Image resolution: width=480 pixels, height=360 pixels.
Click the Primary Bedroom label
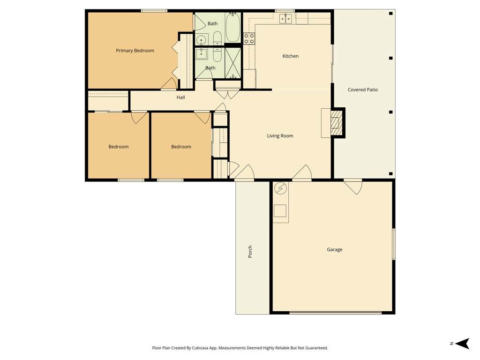(x=135, y=51)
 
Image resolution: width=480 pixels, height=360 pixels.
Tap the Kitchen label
(x=290, y=56)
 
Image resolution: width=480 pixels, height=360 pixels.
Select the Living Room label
(x=280, y=135)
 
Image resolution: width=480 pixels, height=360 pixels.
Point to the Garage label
(x=334, y=249)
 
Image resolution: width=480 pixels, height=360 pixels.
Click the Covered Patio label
(x=362, y=90)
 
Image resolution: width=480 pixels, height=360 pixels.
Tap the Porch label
(x=250, y=251)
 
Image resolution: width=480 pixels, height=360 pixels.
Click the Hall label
(x=180, y=97)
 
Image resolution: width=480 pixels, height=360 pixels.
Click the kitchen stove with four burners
(x=249, y=38)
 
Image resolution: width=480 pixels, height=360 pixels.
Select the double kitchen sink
(x=285, y=18)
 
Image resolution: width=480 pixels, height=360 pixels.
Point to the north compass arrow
(x=463, y=344)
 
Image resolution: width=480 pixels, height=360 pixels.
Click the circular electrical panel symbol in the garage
(x=280, y=188)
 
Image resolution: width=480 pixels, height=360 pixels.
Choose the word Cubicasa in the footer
(x=200, y=348)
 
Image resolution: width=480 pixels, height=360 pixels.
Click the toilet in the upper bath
(x=217, y=37)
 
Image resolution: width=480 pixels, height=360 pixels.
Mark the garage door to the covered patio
(x=353, y=187)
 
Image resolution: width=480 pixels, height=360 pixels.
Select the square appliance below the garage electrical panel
(x=280, y=210)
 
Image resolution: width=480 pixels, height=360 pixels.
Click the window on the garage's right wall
(x=394, y=244)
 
